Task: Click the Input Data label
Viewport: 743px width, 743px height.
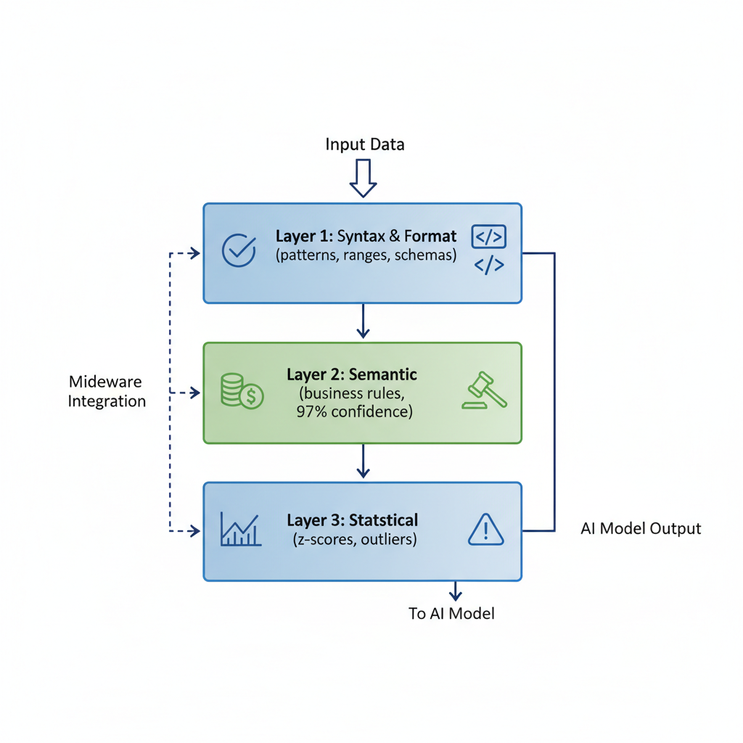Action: point(364,144)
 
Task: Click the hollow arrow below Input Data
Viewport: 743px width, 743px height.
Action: point(363,178)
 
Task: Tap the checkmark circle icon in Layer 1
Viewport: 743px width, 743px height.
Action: point(239,250)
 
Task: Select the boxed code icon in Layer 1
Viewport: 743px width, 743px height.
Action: point(488,237)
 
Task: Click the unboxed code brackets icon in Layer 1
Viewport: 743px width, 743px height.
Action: point(488,266)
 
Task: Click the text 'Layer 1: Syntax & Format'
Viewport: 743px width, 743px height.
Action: point(366,237)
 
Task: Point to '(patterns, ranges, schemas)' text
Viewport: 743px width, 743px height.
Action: point(366,255)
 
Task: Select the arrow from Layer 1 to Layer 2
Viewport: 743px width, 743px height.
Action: point(363,321)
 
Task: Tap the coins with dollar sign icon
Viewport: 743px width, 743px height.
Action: point(242,392)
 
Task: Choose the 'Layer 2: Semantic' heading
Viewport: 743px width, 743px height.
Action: point(351,375)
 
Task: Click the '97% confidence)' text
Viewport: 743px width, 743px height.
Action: point(354,412)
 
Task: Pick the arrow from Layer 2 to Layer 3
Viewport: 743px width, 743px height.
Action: point(363,461)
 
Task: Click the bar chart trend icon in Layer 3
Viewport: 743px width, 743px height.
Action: point(240,529)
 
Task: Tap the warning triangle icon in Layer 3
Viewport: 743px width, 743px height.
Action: point(485,529)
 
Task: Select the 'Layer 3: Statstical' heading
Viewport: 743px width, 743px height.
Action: point(352,520)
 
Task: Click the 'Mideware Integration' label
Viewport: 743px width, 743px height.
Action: point(107,391)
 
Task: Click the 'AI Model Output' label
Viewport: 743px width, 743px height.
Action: point(641,528)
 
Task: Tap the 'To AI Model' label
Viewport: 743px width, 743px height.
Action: point(451,614)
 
